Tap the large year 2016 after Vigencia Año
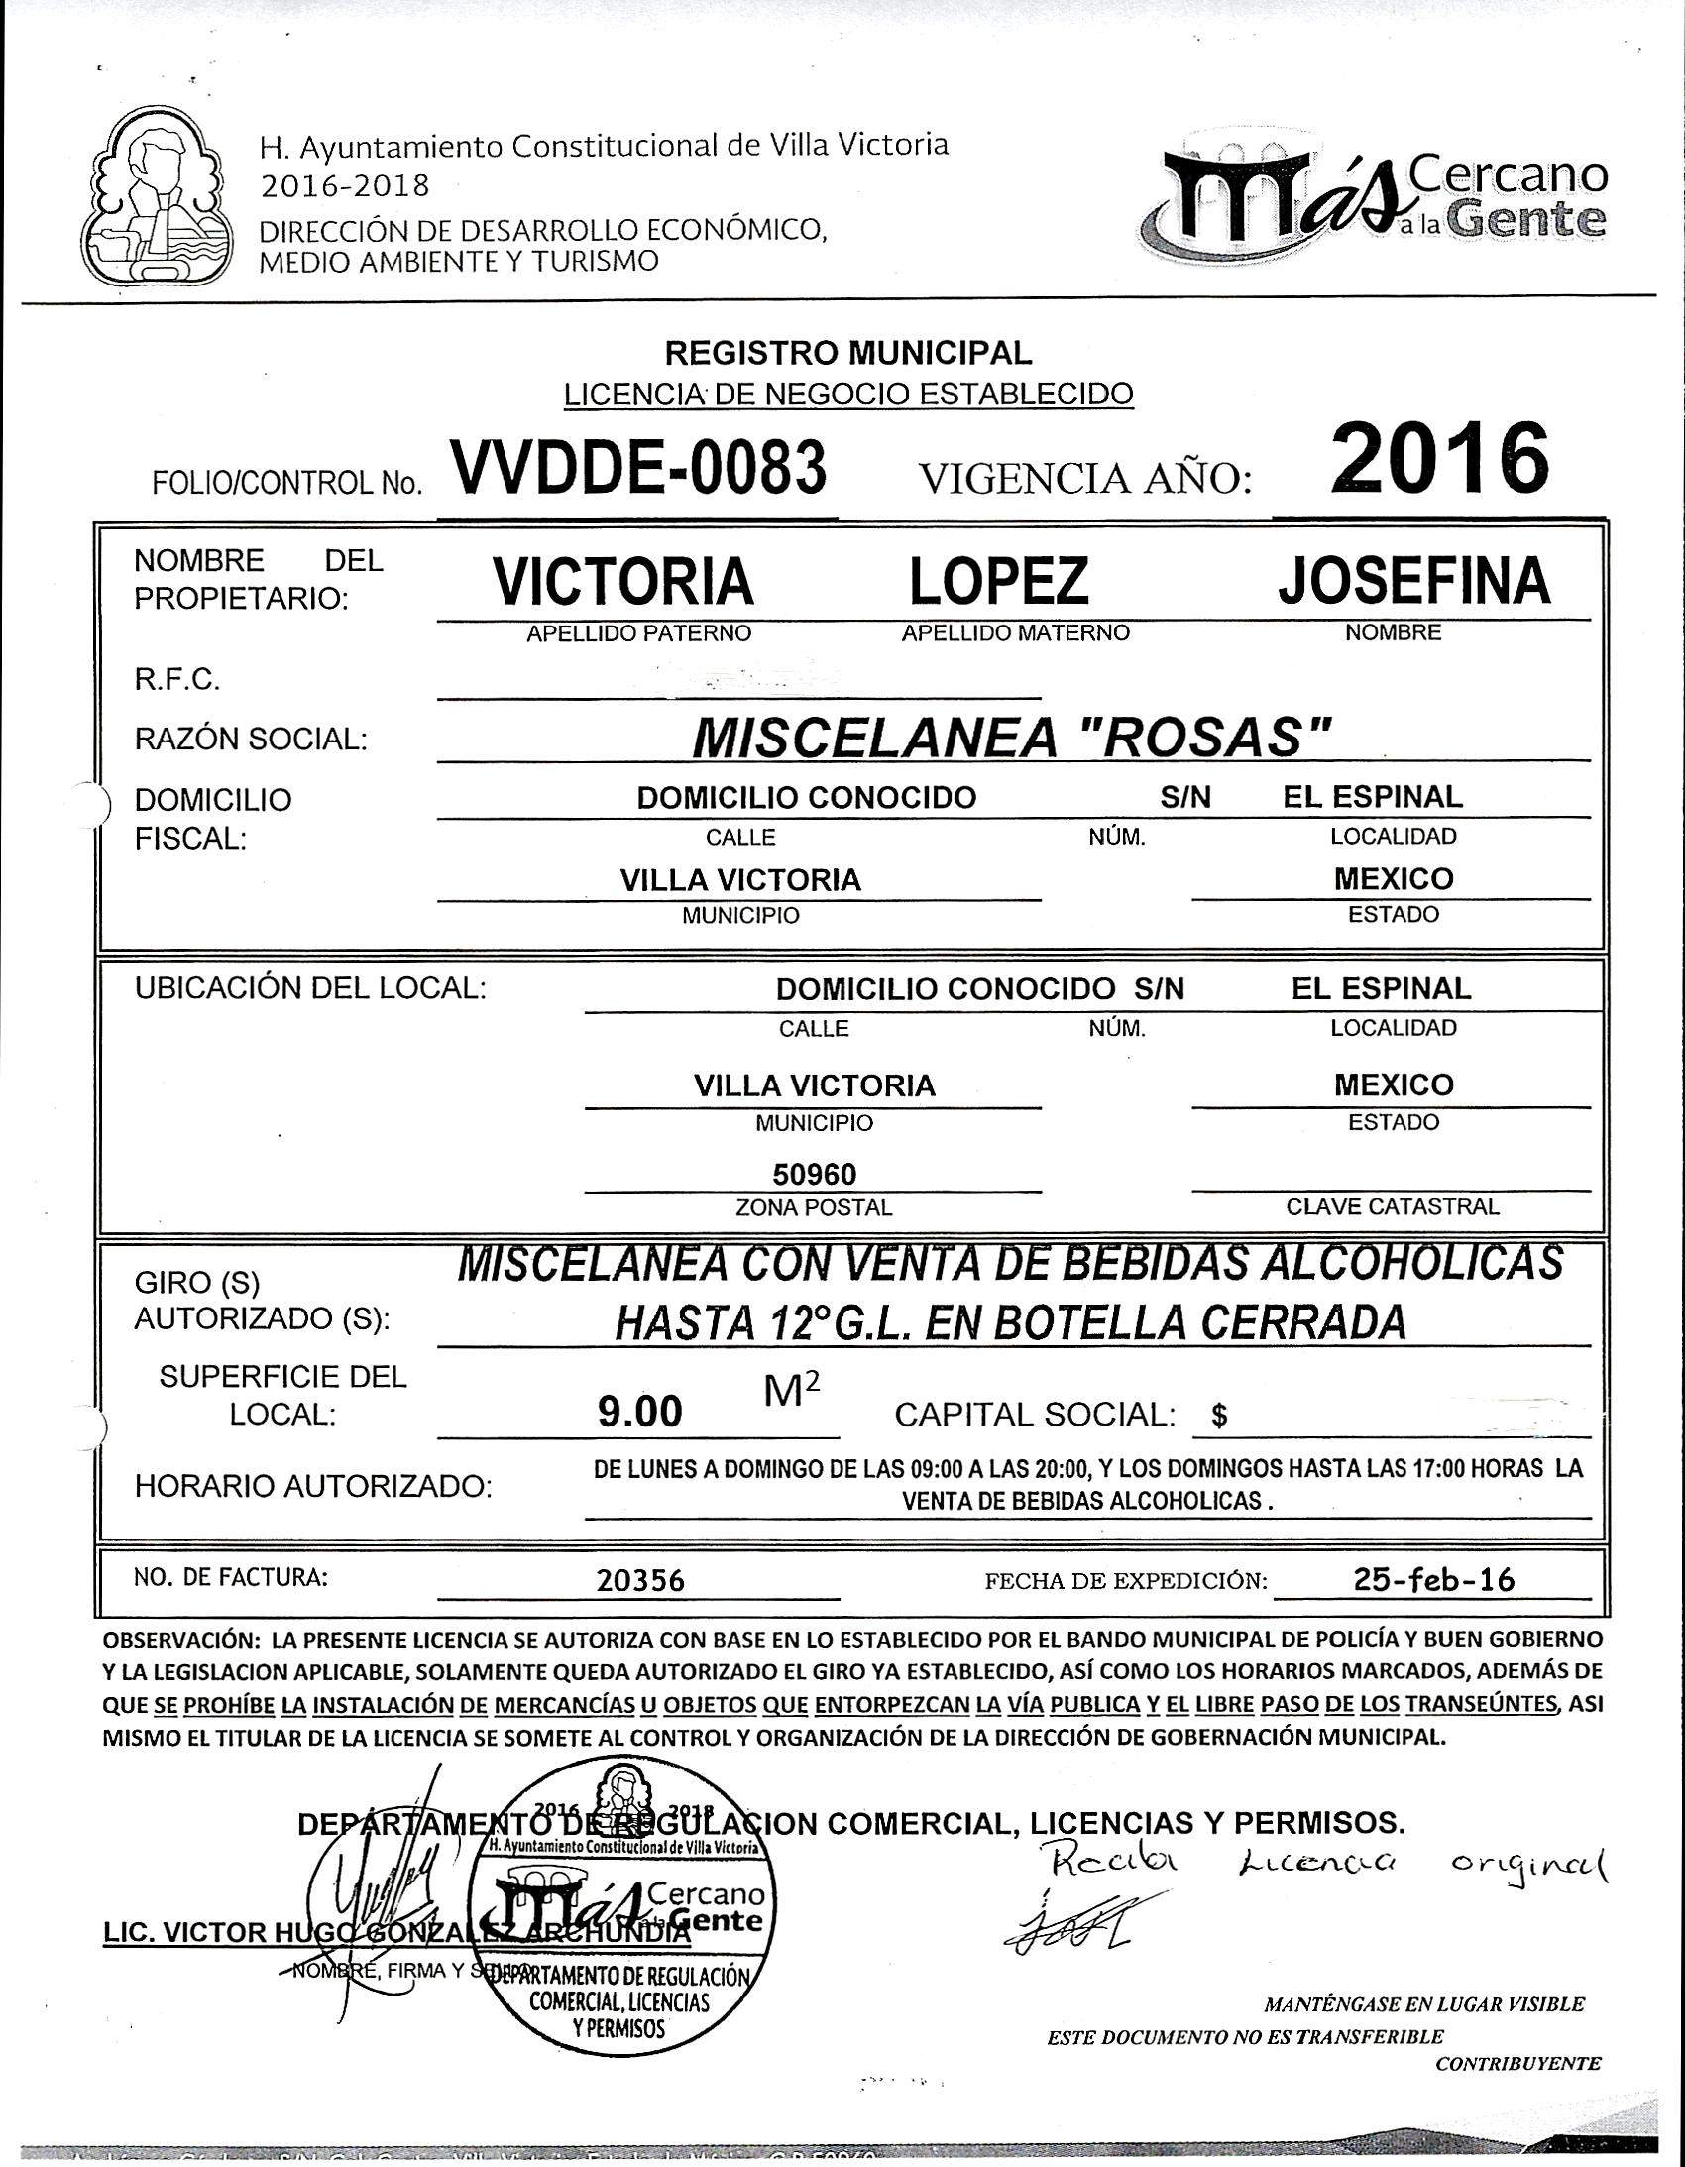pos(1439,459)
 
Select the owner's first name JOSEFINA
pos(1413,581)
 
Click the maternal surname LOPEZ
pos(998,581)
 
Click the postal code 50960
pos(814,1175)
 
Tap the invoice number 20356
pos(640,1580)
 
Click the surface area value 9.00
pos(640,1411)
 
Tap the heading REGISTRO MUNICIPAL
pos(847,351)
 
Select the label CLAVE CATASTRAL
pos(1393,1207)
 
